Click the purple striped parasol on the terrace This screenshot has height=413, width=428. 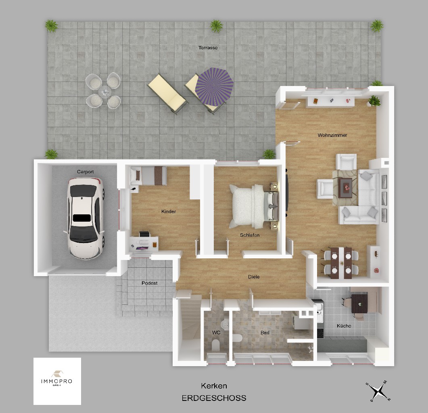pos(214,87)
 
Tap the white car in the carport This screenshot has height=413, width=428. pos(86,218)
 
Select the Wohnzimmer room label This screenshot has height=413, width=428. pos(332,135)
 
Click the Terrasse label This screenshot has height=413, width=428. pos(208,48)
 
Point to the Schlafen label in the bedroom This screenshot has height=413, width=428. pos(250,235)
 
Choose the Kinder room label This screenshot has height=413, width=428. pos(168,212)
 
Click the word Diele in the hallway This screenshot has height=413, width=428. pos(254,277)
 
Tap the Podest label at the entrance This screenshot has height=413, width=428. pos(149,283)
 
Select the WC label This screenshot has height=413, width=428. pos(216,332)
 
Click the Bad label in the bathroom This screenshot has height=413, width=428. pos(265,332)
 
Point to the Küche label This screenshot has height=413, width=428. pos(344,325)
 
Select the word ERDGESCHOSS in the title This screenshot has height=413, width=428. pos(214,398)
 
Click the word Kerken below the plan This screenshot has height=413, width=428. pos(214,386)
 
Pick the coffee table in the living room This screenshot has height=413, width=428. pos(345,188)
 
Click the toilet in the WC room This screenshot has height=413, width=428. pos(216,345)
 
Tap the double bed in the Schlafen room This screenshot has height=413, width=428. pos(254,206)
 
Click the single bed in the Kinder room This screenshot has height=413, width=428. pos(148,176)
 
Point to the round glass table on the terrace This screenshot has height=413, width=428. pos(104,91)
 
